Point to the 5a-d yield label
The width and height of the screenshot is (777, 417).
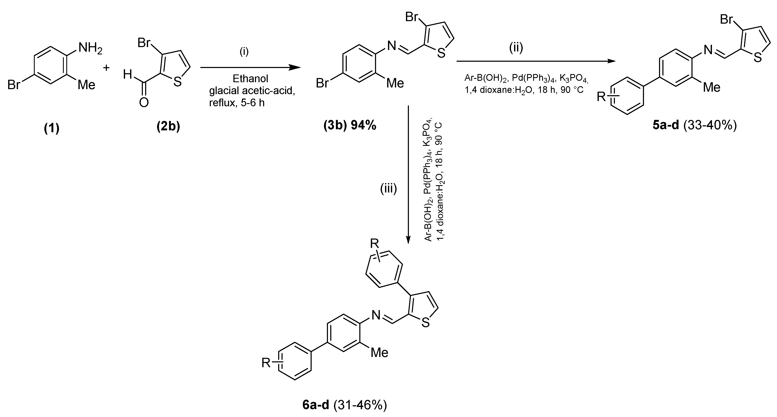pos(695,125)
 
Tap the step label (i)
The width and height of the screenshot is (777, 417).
pos(244,52)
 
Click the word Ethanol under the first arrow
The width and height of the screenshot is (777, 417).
pos(250,79)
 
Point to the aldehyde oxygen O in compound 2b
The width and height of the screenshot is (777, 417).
pos(144,103)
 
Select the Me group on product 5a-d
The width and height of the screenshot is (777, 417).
pos(712,87)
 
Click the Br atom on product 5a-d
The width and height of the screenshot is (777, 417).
pos(726,19)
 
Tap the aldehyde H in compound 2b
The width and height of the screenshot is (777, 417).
pos(127,74)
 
